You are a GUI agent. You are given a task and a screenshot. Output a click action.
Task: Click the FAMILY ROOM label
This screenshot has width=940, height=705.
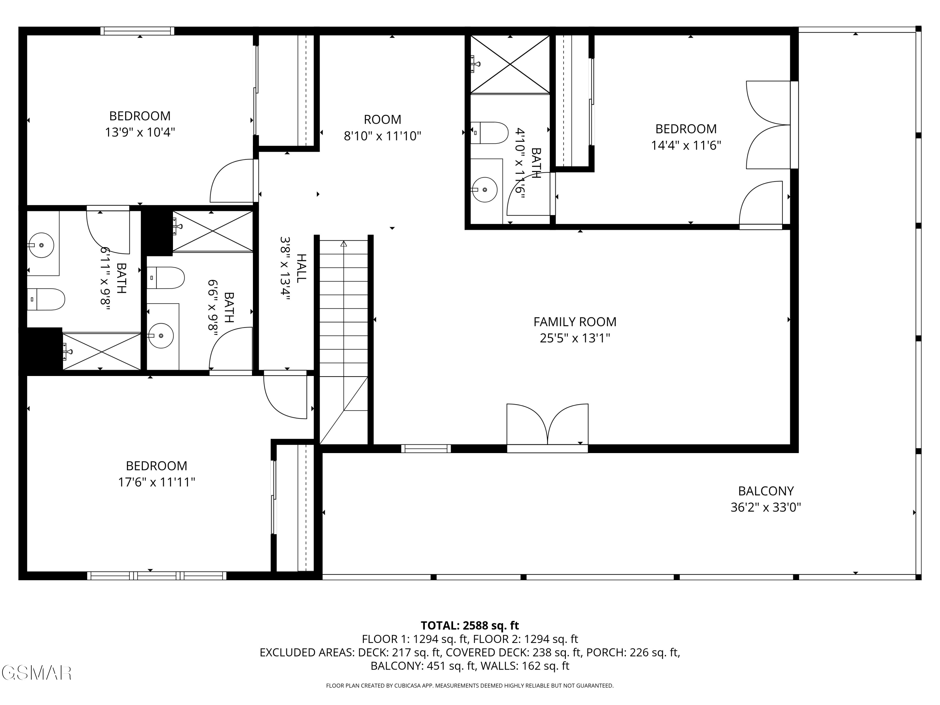click(575, 322)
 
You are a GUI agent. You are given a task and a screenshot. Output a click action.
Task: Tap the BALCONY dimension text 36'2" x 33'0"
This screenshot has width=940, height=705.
click(765, 507)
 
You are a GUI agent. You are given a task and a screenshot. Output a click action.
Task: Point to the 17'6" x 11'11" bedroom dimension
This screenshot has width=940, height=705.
click(156, 482)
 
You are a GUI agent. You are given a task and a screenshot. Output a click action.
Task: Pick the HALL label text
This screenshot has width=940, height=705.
click(301, 268)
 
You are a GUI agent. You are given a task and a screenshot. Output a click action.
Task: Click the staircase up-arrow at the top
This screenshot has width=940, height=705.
click(343, 244)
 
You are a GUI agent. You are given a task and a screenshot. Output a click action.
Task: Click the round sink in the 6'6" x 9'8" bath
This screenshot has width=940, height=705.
click(161, 336)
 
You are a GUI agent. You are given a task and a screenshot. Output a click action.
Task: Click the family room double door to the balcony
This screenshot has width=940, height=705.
click(547, 425)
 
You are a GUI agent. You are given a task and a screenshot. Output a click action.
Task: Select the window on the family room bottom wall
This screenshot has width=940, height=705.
click(426, 448)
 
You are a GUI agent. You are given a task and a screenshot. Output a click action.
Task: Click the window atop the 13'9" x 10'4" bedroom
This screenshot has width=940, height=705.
click(137, 31)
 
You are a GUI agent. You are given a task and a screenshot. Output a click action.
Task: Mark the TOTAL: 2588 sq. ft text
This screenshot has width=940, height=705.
click(470, 625)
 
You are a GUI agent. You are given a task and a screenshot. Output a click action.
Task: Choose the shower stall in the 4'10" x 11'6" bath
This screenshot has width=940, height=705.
click(510, 64)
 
